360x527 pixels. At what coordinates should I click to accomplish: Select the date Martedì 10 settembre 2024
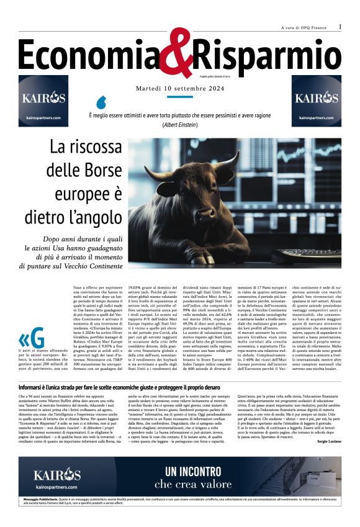pyautogui.click(x=179, y=89)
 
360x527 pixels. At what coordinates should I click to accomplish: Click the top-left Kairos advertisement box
pyautogui.click(x=43, y=101)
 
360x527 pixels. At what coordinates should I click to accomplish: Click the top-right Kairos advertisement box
pyautogui.click(x=317, y=101)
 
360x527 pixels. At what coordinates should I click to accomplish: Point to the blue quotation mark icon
pyautogui.click(x=102, y=101)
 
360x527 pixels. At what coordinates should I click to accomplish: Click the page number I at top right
pyautogui.click(x=340, y=27)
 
